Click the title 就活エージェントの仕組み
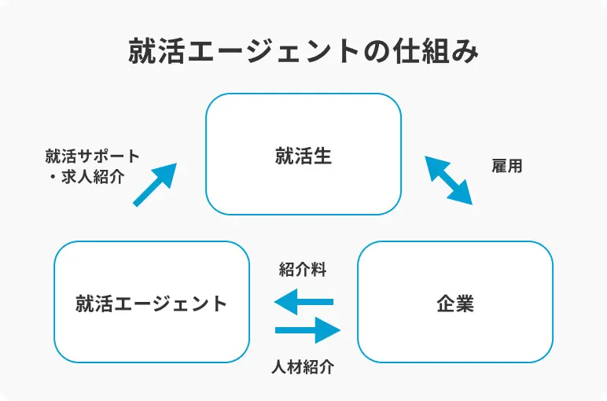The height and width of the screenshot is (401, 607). pyautogui.click(x=303, y=52)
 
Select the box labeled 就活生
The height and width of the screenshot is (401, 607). pyautogui.click(x=303, y=154)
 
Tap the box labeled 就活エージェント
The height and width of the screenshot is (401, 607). pyautogui.click(x=151, y=302)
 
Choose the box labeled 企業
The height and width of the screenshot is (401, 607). pyautogui.click(x=454, y=302)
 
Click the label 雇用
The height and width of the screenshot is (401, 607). pyautogui.click(x=507, y=166)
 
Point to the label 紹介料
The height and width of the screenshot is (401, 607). pyautogui.click(x=303, y=270)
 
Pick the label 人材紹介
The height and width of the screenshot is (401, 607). pyautogui.click(x=303, y=366)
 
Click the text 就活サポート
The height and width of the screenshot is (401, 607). pyautogui.click(x=93, y=156)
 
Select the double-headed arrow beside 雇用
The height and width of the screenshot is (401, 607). pyautogui.click(x=449, y=180)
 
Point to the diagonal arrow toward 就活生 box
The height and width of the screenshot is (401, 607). pyautogui.click(x=154, y=185)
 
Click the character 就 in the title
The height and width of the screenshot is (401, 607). pyautogui.click(x=142, y=53)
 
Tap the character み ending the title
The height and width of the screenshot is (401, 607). pyautogui.click(x=465, y=53)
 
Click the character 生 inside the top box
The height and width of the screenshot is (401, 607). pyautogui.click(x=322, y=155)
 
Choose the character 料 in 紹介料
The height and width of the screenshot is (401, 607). pyautogui.click(x=318, y=270)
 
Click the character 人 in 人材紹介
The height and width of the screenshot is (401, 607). pyautogui.click(x=279, y=366)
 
